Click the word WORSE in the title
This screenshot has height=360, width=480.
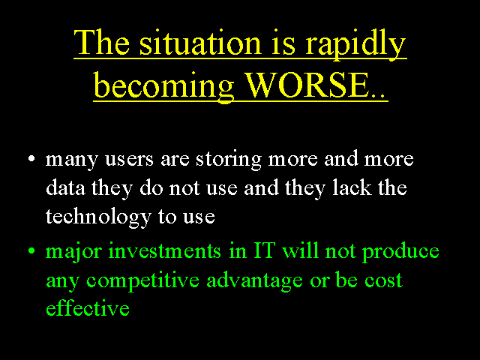(x=307, y=85)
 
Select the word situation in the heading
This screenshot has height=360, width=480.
(x=200, y=43)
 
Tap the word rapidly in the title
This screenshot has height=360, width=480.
(x=355, y=45)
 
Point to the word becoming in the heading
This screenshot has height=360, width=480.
(x=164, y=87)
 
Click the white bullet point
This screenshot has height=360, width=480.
(x=31, y=159)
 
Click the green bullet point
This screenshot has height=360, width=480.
(x=31, y=251)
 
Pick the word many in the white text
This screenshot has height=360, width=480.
(x=72, y=160)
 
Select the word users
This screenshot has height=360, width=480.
(x=129, y=159)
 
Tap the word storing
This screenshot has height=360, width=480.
(x=228, y=159)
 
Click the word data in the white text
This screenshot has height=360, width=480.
(x=65, y=187)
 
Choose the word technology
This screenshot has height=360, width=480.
(x=98, y=217)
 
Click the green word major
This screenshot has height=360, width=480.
(x=73, y=252)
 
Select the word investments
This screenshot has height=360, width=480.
(x=165, y=251)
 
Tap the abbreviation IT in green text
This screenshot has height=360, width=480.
(x=264, y=250)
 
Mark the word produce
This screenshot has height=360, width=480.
(x=400, y=252)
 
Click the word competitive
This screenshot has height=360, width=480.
(x=142, y=281)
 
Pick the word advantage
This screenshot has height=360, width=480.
(x=255, y=281)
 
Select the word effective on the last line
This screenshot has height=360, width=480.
(x=88, y=308)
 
